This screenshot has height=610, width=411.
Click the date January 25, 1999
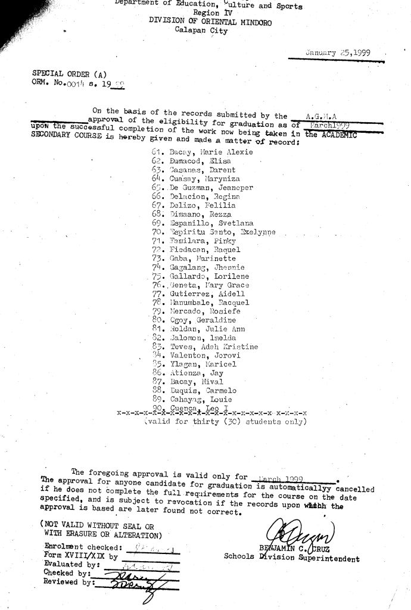point(337,52)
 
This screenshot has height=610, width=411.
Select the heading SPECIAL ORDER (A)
point(69,74)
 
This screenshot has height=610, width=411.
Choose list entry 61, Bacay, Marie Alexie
point(203,152)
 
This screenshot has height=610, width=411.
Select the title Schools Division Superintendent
point(291,559)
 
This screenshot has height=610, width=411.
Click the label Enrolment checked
point(83,547)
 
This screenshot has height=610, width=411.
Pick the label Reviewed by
point(69,583)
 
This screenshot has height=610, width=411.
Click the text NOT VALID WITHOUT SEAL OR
point(96,527)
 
